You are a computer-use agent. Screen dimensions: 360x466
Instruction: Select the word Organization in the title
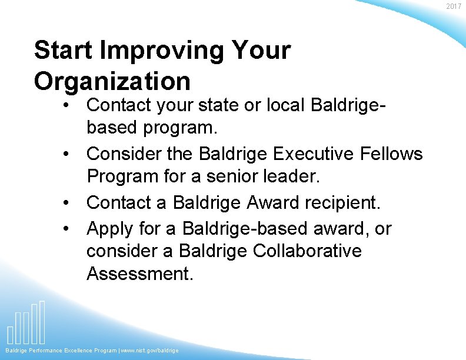point(112,81)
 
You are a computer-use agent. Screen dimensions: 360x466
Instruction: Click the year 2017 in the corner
point(454,6)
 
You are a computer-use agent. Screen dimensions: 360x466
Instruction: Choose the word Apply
point(109,228)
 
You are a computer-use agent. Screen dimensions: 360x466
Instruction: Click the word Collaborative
point(307,251)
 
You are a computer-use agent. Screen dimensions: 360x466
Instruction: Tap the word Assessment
point(139,273)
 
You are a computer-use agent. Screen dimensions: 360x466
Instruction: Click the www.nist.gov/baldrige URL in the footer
point(149,351)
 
